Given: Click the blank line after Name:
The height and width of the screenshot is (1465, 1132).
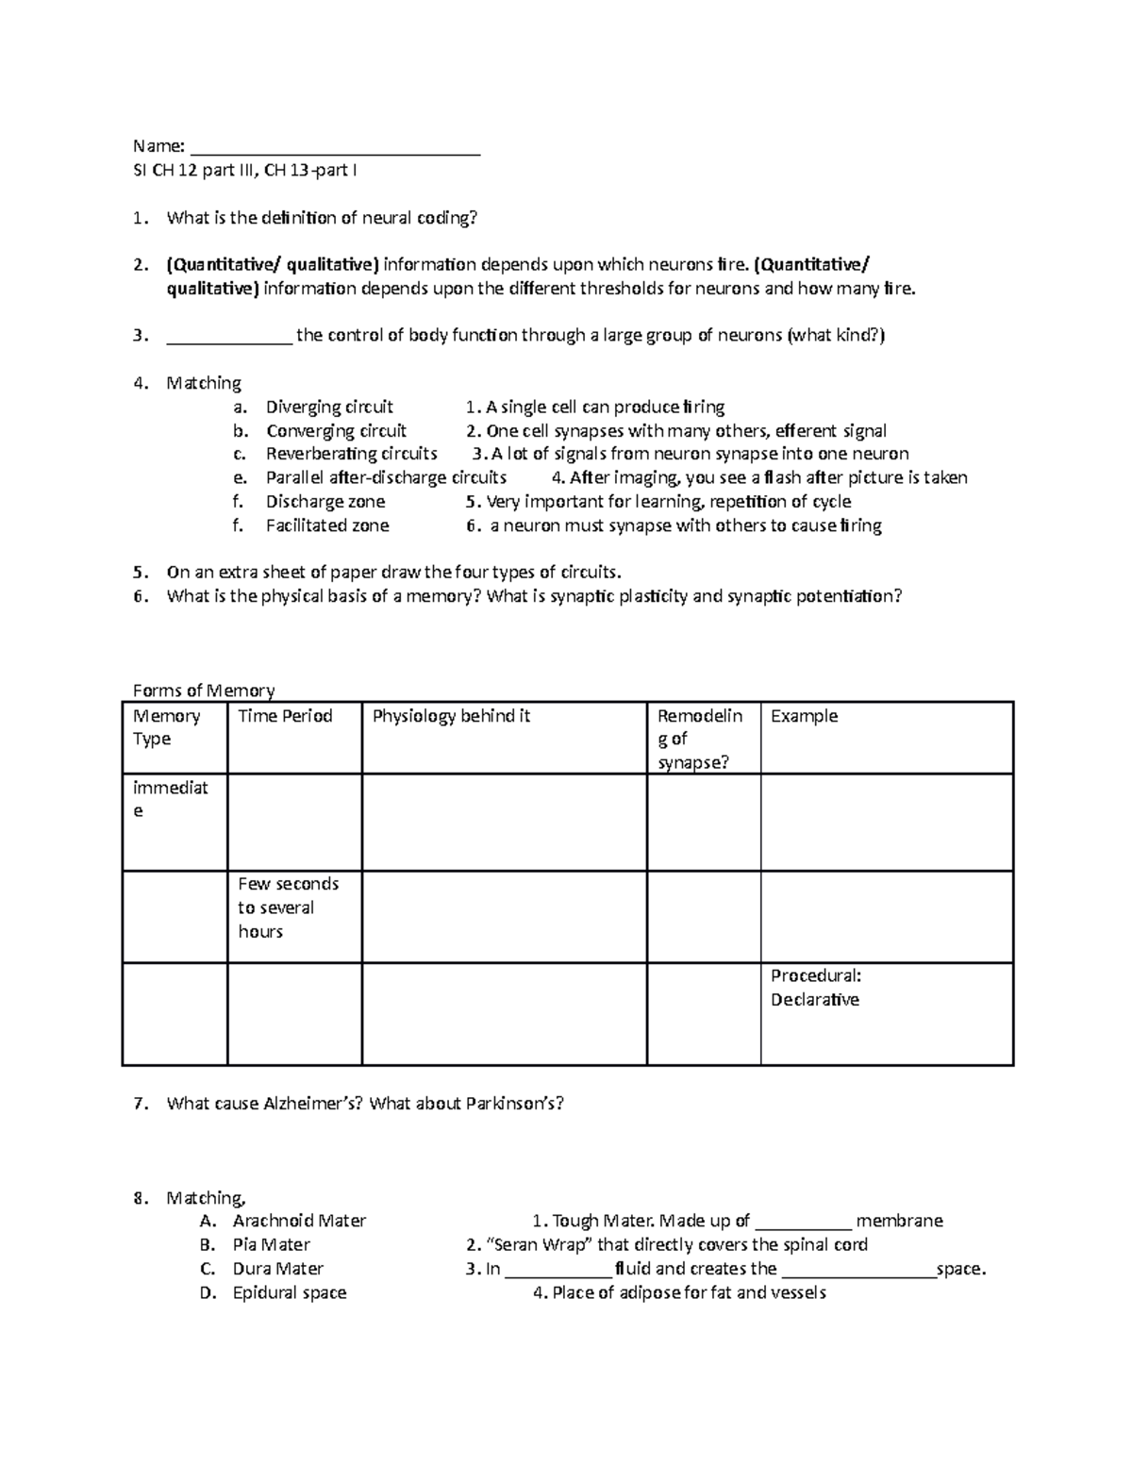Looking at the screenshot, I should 335,148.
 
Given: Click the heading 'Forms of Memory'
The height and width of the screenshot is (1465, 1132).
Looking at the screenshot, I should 204,691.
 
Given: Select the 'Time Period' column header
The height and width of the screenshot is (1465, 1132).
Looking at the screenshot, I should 285,717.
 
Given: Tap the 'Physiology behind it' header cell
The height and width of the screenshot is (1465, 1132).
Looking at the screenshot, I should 451,717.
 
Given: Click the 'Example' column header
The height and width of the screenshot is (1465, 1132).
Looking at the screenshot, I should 804,717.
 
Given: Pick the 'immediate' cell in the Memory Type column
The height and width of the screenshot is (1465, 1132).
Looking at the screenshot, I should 170,799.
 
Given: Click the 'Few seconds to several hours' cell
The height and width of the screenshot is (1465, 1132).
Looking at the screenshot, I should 288,907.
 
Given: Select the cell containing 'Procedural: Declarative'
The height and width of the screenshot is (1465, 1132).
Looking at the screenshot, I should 816,988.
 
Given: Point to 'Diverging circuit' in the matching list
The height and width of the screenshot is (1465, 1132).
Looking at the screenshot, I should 329,407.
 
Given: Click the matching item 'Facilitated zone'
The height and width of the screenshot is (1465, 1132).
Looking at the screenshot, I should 327,525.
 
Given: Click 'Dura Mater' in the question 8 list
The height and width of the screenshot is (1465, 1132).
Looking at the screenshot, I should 277,1269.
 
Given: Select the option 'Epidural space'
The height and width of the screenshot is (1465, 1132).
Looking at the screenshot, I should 290,1292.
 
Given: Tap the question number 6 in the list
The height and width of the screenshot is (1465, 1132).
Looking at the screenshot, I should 139,596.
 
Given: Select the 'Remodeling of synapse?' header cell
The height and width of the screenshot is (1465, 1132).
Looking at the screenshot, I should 700,739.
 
